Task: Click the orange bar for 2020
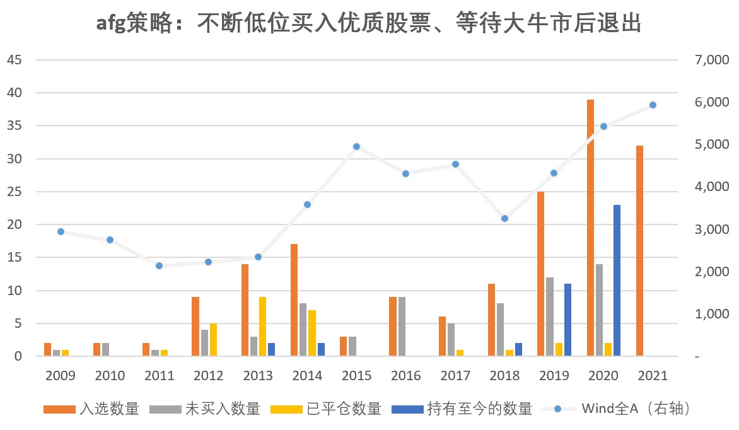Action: pos(591,228)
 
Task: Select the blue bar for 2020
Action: pos(617,281)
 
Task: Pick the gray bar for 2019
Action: pos(550,317)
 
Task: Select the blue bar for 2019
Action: pos(567,320)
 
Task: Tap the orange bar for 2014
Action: pos(294,300)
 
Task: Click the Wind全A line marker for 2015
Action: pos(356,146)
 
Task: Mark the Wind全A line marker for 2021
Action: pos(653,105)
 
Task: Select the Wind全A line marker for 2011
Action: pos(159,265)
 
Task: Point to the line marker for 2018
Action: pos(504,218)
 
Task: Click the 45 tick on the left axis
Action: pos(14,60)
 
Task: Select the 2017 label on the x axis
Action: pos(455,376)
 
